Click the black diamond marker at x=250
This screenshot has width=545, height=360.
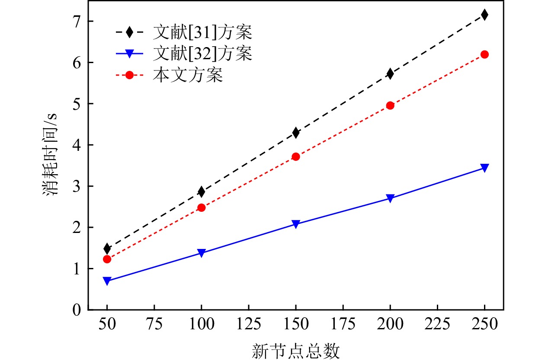pos(484,15)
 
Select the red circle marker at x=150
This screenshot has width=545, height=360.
pos(296,156)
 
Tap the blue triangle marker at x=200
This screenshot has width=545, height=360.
pos(390,198)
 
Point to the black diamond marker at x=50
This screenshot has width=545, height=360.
pos(107,248)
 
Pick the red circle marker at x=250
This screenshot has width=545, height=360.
pos(484,54)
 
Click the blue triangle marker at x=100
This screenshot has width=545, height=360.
pos(201,253)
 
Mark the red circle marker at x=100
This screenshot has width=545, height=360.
pos(201,207)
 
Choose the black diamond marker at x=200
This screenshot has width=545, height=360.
pos(390,74)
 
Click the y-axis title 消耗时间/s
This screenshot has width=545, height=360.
pos(51,155)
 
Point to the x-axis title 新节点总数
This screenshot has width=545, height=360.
pos(295,350)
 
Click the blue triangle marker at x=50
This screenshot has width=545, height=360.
pos(107,281)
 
